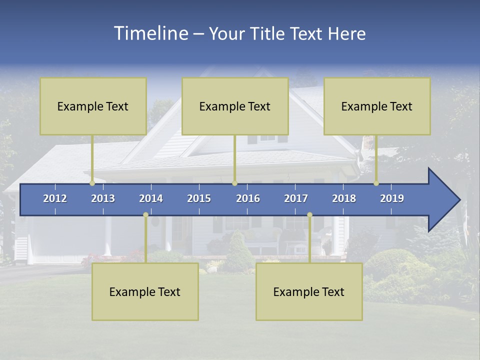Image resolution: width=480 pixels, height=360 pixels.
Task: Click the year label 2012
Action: [55, 198]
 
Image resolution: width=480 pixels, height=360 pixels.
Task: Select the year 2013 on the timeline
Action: [103, 198]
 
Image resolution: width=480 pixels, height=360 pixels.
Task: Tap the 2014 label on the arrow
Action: [151, 198]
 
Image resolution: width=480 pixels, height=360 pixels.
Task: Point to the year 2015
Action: [199, 198]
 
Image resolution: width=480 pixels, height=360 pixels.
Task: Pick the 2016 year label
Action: [248, 198]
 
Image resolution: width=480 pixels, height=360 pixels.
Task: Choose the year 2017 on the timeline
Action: [296, 198]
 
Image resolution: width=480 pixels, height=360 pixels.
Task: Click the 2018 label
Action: [344, 198]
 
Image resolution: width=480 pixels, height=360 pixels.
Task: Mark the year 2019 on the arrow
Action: [392, 198]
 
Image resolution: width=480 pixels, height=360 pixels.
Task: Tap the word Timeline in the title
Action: [150, 33]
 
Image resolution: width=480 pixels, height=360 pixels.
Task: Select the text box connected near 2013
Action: [93, 106]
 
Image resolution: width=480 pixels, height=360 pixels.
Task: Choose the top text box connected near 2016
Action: [235, 106]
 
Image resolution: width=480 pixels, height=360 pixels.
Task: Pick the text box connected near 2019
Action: [377, 106]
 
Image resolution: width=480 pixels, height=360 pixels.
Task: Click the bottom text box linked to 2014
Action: [145, 292]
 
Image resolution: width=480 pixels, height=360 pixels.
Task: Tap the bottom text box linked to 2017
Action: [309, 292]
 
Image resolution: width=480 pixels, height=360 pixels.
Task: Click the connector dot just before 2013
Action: [92, 183]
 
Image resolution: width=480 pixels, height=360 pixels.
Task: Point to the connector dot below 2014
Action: [145, 215]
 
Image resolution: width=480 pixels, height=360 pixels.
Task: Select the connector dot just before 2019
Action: [376, 183]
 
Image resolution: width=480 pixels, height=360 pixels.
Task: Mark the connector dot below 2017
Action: [309, 215]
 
